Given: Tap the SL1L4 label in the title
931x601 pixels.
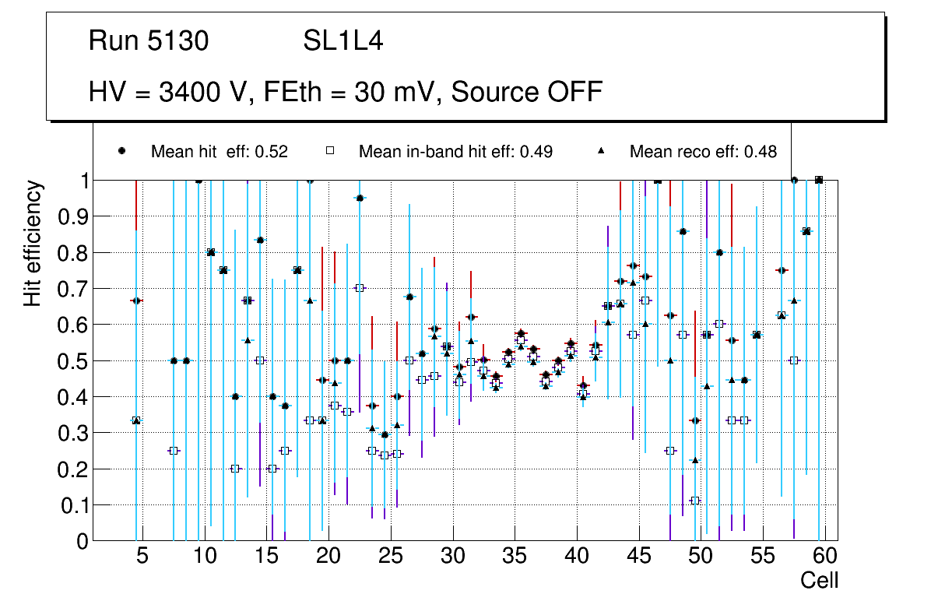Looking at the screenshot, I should (x=343, y=40).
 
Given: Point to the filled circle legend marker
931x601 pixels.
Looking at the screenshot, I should (x=122, y=151).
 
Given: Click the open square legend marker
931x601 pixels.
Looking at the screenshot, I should (x=330, y=151).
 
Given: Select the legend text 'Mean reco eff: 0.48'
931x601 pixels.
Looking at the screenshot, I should (x=703, y=152).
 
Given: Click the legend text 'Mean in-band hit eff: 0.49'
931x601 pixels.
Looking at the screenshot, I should (x=455, y=152).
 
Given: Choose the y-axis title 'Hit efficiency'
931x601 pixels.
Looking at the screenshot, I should (x=33, y=243).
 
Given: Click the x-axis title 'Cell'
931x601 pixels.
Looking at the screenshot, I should (x=820, y=580).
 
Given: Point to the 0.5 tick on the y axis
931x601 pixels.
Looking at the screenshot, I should (x=68, y=361).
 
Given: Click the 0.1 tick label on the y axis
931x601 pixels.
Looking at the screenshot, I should (x=68, y=505).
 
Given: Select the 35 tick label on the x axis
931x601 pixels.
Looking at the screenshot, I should (x=515, y=557).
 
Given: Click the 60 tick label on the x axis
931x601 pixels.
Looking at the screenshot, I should (x=824, y=557).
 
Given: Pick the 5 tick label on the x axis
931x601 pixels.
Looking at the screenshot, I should (x=142, y=557).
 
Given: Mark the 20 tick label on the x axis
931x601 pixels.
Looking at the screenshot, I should (x=328, y=557).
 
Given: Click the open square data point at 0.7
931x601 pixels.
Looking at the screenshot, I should (x=360, y=288).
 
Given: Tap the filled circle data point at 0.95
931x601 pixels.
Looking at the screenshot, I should (x=360, y=199).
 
